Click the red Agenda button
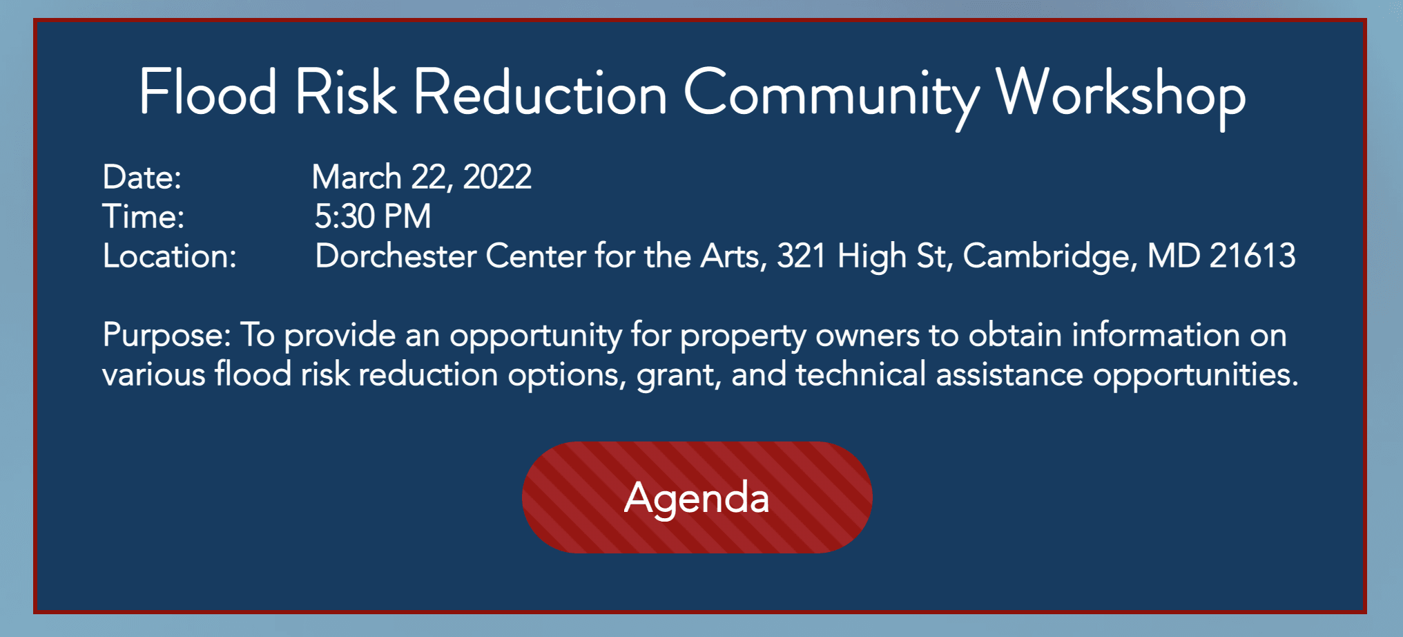point(697,497)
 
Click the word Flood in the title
point(208,93)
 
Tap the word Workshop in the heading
point(1120,94)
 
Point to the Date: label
point(142,178)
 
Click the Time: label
point(143,217)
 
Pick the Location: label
point(169,256)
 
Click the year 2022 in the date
point(497,178)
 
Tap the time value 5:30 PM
point(373,217)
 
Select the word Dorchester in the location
point(395,256)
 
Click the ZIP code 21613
point(1252,256)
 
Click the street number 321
point(801,256)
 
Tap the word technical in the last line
point(860,375)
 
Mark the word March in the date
point(356,178)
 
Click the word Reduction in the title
point(540,94)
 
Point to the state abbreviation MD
point(1173,256)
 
